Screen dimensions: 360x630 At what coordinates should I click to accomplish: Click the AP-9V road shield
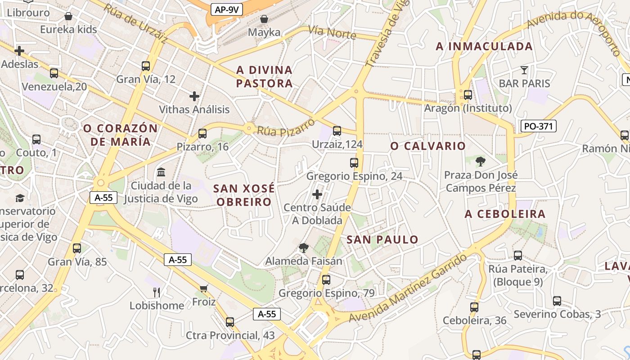(227, 9)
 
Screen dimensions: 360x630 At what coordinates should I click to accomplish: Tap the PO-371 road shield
(539, 126)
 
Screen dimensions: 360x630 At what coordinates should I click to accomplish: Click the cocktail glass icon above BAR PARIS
(524, 70)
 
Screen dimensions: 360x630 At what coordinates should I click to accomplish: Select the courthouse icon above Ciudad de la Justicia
(161, 172)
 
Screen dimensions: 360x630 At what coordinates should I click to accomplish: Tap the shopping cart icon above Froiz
(204, 288)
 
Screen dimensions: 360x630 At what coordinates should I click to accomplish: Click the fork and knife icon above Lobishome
(157, 292)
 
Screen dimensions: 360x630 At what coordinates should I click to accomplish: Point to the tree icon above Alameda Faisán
(304, 247)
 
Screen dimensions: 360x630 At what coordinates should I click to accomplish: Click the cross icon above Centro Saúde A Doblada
(317, 194)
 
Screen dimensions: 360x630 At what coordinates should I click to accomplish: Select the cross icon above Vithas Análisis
(194, 96)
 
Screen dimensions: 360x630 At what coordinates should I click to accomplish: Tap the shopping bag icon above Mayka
(264, 19)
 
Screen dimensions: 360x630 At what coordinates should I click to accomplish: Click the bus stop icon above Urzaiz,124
(337, 131)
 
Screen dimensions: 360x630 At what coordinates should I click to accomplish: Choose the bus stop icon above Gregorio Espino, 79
(326, 280)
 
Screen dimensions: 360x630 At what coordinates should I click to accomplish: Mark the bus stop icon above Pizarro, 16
(202, 133)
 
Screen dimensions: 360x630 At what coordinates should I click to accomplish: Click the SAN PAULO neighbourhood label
(382, 239)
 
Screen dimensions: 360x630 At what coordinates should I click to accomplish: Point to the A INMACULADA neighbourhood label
(484, 46)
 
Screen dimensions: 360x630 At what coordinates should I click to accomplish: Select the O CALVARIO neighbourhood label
(428, 146)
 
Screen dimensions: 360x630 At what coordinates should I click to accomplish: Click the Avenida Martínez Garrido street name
(409, 290)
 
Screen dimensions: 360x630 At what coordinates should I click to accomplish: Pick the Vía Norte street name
(332, 32)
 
